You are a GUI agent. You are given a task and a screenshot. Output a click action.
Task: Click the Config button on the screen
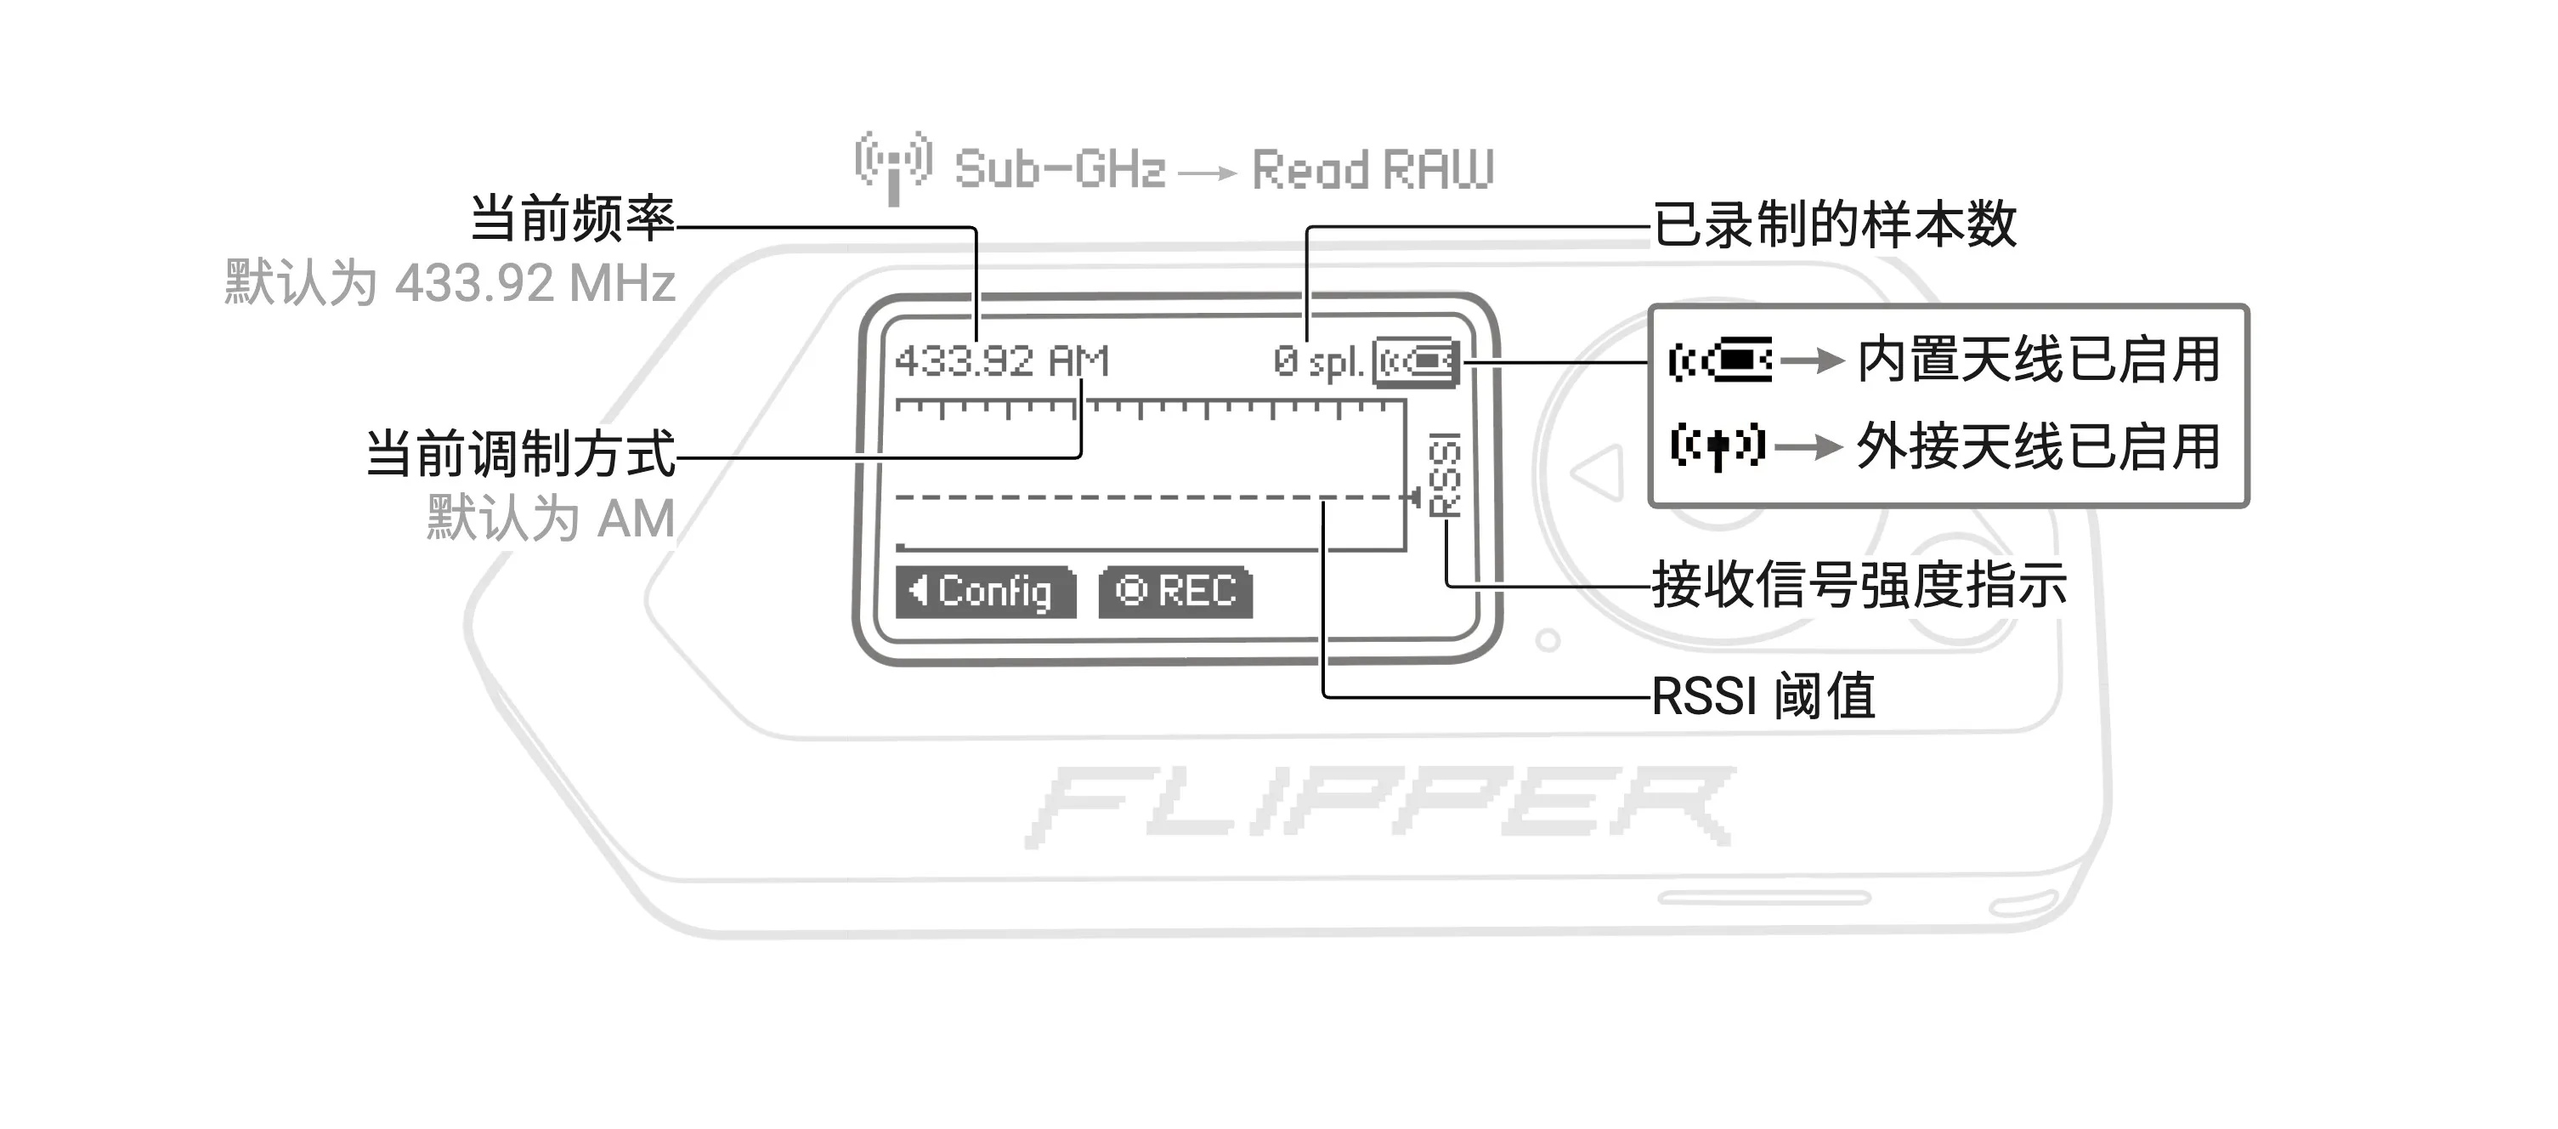tap(985, 592)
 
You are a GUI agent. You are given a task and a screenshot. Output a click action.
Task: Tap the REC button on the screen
tap(1175, 592)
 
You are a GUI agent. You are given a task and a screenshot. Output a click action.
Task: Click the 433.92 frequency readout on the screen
tap(965, 360)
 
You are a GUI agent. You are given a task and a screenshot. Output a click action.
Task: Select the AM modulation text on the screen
tap(1079, 360)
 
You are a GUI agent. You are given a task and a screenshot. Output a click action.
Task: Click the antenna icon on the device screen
tap(1416, 361)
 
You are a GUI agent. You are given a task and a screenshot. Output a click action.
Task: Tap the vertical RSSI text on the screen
tap(1445, 474)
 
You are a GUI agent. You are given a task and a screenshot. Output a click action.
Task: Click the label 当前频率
tap(572, 218)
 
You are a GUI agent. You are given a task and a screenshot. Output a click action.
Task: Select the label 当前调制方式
tap(520, 454)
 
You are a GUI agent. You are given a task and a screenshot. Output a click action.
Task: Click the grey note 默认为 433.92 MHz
tap(450, 283)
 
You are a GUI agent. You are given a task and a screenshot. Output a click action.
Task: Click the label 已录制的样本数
tap(1835, 224)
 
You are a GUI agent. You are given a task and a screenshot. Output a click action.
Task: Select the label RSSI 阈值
tap(1763, 696)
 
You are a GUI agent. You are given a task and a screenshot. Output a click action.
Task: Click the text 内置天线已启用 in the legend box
tap(2039, 360)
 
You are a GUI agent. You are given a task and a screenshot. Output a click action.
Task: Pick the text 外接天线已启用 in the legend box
tap(2039, 447)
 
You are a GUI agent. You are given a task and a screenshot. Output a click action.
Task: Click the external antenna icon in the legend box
tap(1718, 447)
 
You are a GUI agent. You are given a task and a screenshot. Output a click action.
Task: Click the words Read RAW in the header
tap(1373, 170)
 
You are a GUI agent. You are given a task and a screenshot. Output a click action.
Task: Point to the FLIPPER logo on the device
tap(1381, 806)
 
